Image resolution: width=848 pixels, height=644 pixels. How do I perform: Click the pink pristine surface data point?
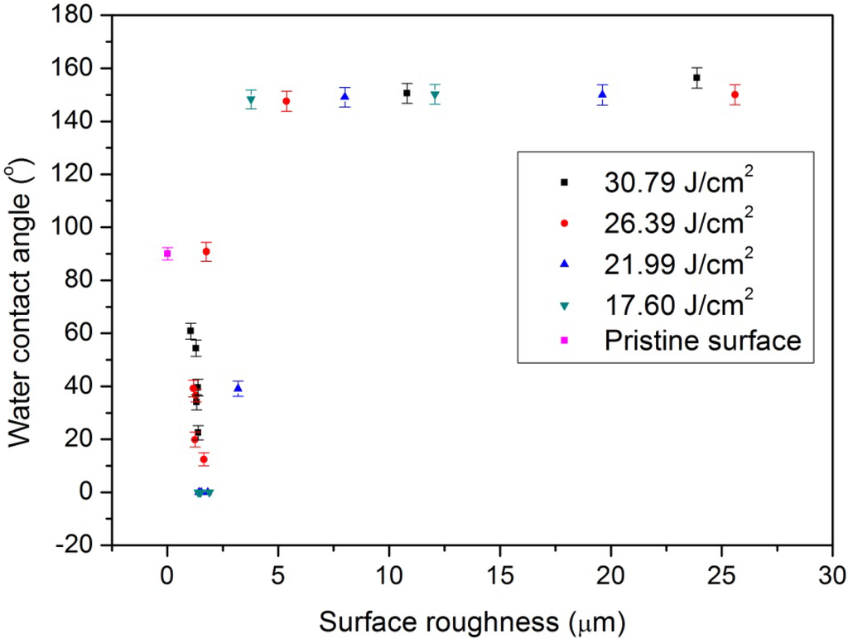pos(167,254)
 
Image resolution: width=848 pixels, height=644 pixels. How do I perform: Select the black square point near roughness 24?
pos(696,77)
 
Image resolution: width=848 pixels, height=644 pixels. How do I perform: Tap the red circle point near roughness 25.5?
pos(735,94)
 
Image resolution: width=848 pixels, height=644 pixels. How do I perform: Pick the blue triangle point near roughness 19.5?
pos(602,94)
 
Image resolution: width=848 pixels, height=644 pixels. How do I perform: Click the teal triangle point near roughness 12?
pos(435,94)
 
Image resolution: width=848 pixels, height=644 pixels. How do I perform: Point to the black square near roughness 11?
pos(407,93)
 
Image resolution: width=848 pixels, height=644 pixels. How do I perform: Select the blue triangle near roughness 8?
pos(344,96)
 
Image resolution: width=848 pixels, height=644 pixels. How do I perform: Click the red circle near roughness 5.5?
pos(287,101)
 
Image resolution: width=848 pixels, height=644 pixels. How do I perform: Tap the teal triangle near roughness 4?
pos(251,100)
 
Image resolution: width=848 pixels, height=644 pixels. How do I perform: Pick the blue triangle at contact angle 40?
pos(238,388)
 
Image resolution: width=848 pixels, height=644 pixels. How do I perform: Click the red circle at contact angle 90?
pos(206,251)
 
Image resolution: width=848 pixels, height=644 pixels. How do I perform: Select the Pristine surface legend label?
pos(702,341)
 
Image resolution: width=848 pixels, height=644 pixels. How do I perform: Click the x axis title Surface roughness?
pos(471,621)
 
